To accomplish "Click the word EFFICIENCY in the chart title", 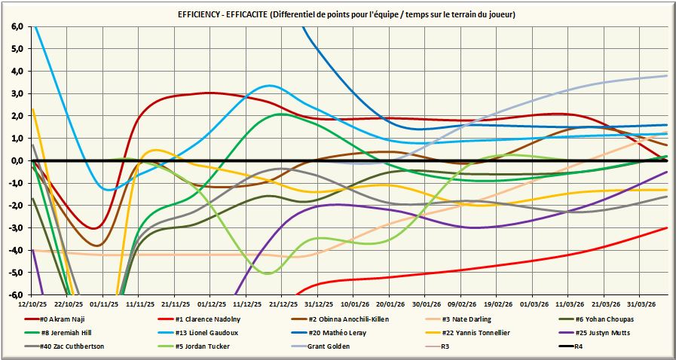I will point(204,14).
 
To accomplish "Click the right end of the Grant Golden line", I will point(667,75).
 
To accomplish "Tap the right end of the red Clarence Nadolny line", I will point(667,227).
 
